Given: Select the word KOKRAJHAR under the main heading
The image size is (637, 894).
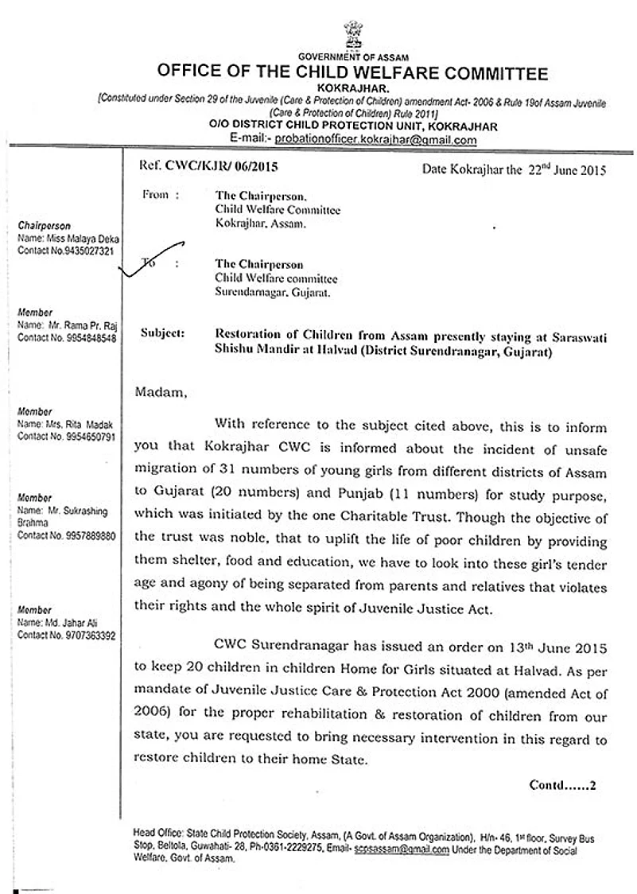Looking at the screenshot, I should pyautogui.click(x=352, y=88).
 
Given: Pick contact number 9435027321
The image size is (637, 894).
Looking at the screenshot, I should pyautogui.click(x=88, y=250).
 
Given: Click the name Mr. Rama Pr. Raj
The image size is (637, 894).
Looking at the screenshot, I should pyautogui.click(x=78, y=326).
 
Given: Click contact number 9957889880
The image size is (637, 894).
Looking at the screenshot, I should pyautogui.click(x=88, y=536).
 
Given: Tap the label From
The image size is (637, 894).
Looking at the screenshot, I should pyautogui.click(x=159, y=193).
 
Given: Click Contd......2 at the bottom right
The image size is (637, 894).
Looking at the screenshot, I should pyautogui.click(x=562, y=785).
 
